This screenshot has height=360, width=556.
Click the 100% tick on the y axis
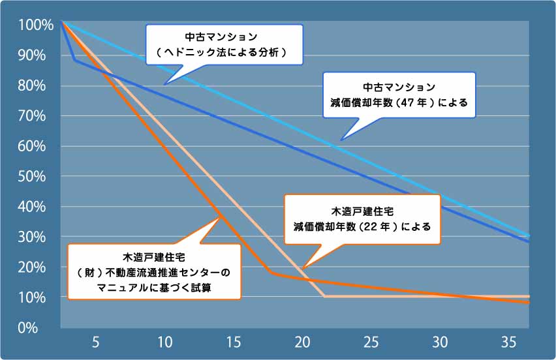point(31,25)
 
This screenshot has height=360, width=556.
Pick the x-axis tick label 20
point(302,342)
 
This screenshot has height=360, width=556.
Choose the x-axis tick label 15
point(233,342)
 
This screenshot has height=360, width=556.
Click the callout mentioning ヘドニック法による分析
point(224,44)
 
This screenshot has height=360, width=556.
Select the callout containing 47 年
point(399,95)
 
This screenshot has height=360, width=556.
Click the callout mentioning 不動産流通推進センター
point(154,271)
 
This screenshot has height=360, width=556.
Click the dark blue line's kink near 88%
point(74,60)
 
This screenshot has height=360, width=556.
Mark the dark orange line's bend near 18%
point(271,273)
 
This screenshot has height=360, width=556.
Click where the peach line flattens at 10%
point(325,297)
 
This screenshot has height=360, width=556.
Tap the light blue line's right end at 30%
point(529,236)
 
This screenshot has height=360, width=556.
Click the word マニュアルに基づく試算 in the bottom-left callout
point(154,286)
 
